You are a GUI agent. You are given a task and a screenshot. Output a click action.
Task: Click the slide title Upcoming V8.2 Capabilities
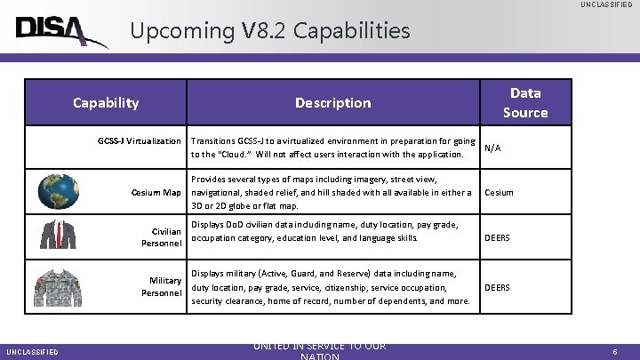click(x=270, y=31)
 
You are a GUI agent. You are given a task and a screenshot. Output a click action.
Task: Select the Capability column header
click(x=106, y=102)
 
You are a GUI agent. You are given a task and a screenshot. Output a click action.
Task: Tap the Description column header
click(x=332, y=103)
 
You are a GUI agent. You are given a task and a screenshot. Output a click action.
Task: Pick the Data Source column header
click(x=524, y=102)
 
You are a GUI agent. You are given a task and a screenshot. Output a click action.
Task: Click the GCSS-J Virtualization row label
click(x=139, y=141)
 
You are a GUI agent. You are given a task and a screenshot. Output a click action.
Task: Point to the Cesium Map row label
click(x=156, y=193)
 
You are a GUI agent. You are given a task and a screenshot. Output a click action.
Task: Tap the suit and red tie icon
click(x=58, y=234)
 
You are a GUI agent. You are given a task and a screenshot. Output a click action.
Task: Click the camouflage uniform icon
click(x=58, y=287)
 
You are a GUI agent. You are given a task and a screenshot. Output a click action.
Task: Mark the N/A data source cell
click(x=492, y=148)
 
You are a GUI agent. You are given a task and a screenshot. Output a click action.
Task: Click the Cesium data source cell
click(x=498, y=192)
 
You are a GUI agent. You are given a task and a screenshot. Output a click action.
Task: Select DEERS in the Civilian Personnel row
click(x=497, y=237)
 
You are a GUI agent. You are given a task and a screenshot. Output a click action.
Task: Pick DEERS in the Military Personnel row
click(x=497, y=287)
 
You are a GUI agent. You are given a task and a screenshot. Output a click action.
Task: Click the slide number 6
click(x=615, y=352)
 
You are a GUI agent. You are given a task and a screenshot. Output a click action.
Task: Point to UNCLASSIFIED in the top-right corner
click(x=607, y=5)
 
